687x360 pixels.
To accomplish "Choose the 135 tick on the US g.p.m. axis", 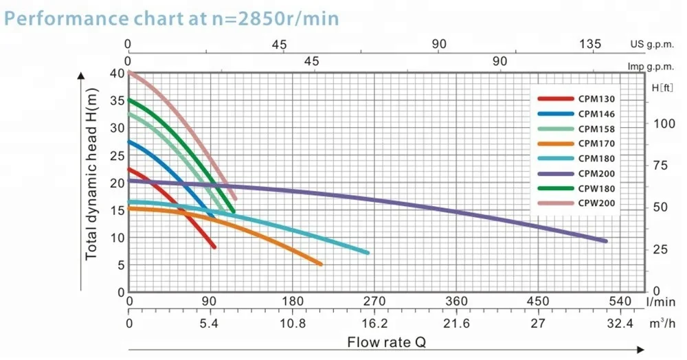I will pos(590,44).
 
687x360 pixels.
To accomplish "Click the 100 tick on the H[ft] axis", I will pos(663,124).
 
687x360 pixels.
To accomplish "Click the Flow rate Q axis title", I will pos(391,341).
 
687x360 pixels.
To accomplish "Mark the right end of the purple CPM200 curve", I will pos(605,240).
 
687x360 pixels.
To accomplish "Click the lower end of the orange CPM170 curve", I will pos(320,264).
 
